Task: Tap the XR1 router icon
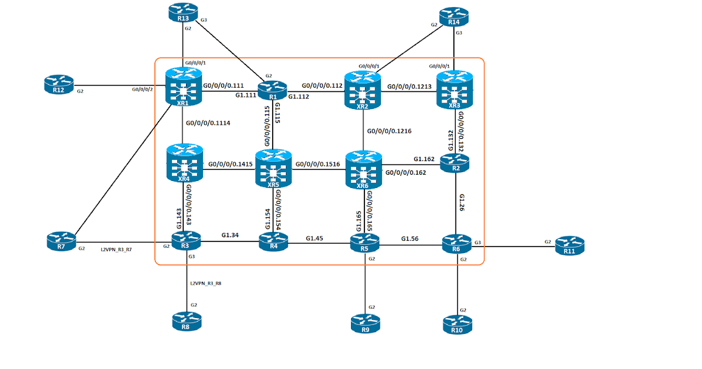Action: pyautogui.click(x=184, y=88)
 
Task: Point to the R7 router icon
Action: pyautogui.click(x=61, y=241)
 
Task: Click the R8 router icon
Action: pyautogui.click(x=187, y=321)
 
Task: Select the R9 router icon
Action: pyautogui.click(x=366, y=323)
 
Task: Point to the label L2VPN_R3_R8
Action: pyautogui.click(x=206, y=283)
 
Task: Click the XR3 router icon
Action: pyautogui.click(x=455, y=89)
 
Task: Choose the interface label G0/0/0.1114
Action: pyautogui.click(x=207, y=123)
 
